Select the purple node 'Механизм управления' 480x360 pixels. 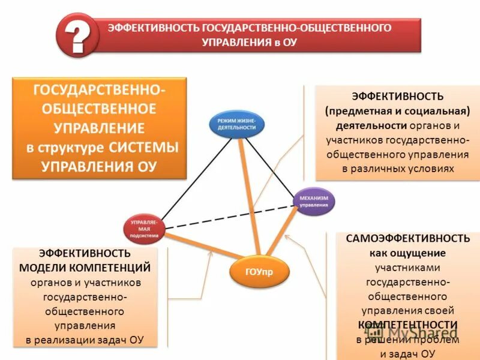[314, 201]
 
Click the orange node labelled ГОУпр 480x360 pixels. [259, 272]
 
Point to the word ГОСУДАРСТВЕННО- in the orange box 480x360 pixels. [99, 90]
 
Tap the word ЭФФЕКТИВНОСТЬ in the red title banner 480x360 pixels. [153, 28]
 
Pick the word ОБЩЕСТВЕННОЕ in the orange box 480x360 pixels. [99, 109]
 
